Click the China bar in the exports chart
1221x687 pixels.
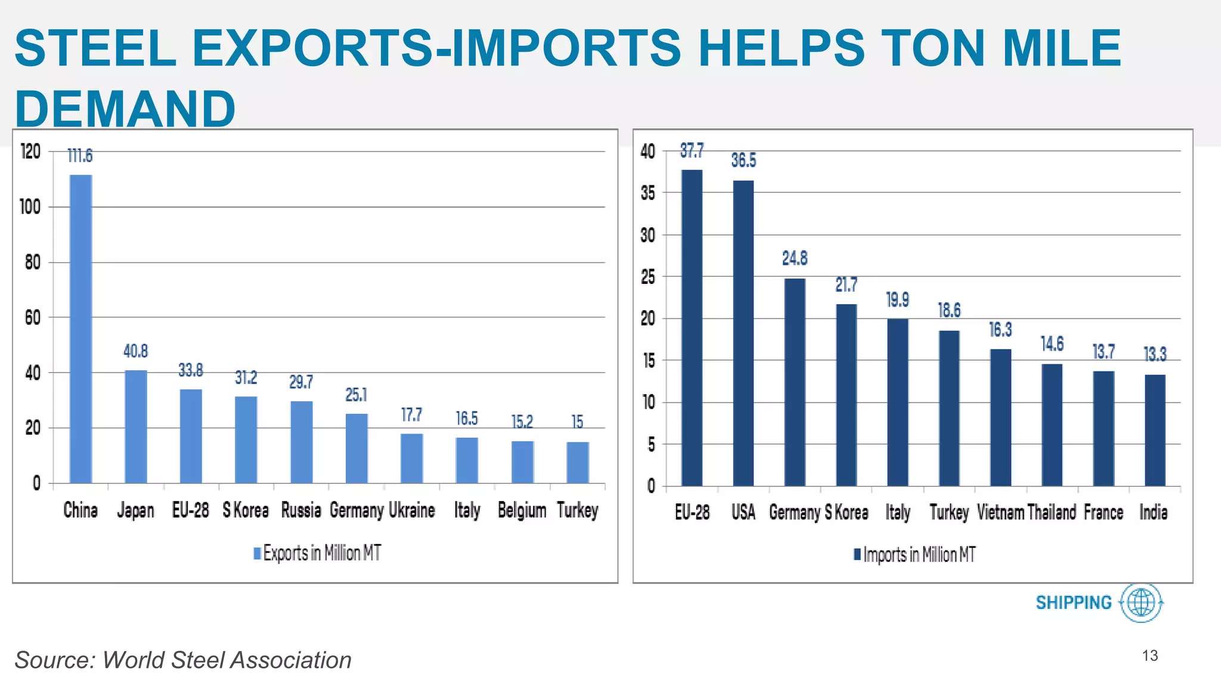click(81, 328)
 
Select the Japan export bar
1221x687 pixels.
click(136, 426)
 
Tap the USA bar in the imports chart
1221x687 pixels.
click(743, 333)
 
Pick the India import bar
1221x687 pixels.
click(1155, 430)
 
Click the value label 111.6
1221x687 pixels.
click(80, 156)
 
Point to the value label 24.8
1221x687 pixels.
click(795, 258)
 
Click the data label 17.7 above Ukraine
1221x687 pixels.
click(411, 414)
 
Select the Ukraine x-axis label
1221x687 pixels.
click(412, 510)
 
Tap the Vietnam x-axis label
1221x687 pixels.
click(1000, 512)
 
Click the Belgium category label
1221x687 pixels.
click(522, 510)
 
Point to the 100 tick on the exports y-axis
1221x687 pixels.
click(30, 207)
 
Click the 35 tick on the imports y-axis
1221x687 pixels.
click(648, 193)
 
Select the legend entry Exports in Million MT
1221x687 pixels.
click(317, 553)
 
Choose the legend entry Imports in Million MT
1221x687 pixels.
click(915, 555)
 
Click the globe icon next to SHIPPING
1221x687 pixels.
click(1142, 602)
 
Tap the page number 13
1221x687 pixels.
click(1149, 656)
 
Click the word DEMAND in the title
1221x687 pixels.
click(125, 109)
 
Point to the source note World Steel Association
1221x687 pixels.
click(183, 660)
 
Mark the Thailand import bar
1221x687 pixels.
click(1052, 425)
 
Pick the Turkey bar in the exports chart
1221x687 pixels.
click(578, 462)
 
